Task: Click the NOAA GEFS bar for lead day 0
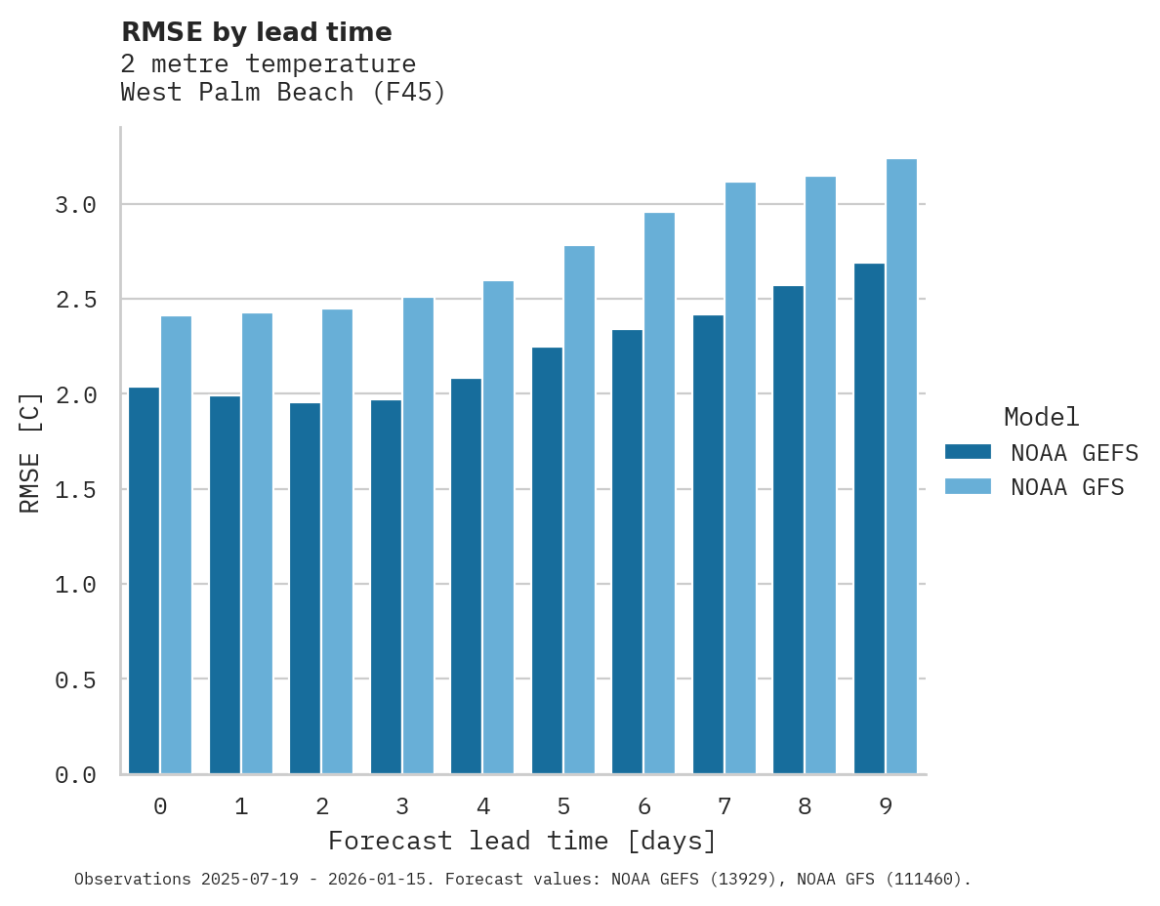point(144,581)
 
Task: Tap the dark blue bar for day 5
point(547,560)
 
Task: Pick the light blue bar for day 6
point(659,493)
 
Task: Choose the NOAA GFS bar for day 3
point(418,536)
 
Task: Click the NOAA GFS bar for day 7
point(740,478)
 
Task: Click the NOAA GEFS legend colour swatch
point(968,452)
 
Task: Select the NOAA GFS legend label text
point(1067,487)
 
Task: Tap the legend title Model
point(1041,417)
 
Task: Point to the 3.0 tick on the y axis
point(75,205)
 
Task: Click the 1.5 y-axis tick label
point(75,489)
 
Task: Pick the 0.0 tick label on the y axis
point(75,775)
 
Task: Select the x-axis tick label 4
point(482,806)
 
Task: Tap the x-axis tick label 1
point(241,806)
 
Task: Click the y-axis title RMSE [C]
point(30,452)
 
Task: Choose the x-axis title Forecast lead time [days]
point(522,841)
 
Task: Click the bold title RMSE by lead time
point(256,32)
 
